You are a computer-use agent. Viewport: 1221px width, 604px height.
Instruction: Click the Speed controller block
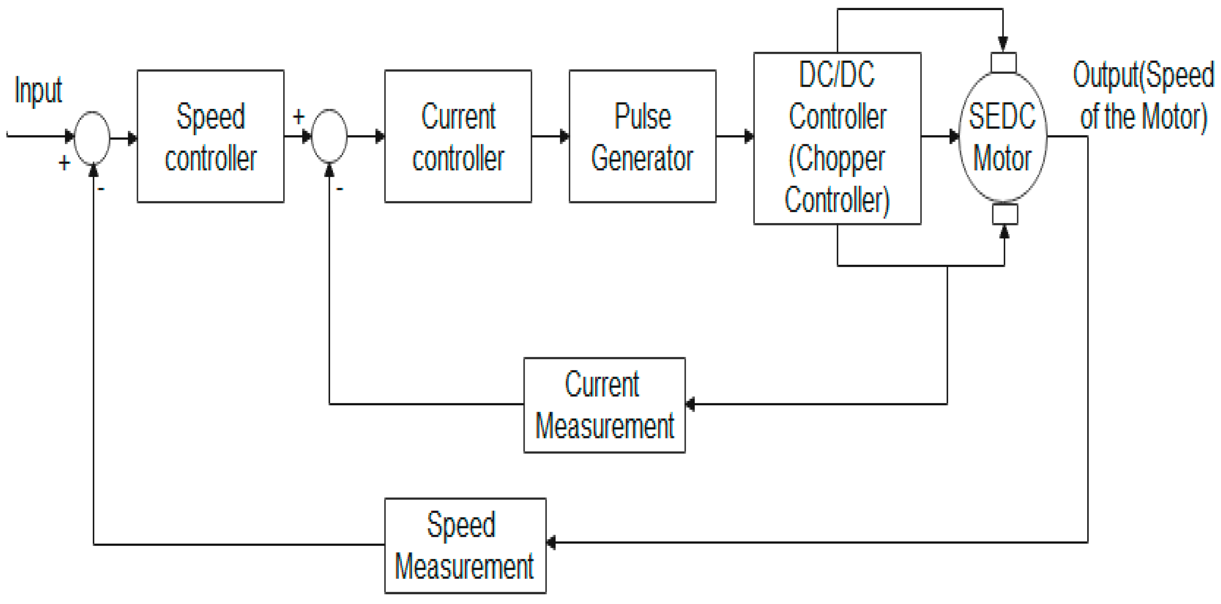point(210,136)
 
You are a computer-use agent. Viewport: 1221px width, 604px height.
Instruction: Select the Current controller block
point(458,136)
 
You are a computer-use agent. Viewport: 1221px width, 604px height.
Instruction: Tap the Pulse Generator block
point(642,136)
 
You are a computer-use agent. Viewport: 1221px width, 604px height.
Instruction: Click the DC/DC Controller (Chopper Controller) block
point(837,138)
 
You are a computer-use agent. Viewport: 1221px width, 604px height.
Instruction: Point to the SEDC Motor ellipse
point(1003,136)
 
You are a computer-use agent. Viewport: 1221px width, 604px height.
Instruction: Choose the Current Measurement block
point(604,405)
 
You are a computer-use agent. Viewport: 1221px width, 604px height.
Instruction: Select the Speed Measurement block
point(465,545)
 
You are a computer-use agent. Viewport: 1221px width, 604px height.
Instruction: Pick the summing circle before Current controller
point(329,136)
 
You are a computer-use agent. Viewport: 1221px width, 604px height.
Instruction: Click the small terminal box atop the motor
point(1003,62)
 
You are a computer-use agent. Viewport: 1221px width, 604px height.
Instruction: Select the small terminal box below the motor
point(1005,214)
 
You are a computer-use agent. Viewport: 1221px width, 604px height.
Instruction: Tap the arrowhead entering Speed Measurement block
point(551,542)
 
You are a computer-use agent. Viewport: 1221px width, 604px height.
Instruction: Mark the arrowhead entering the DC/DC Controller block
point(749,136)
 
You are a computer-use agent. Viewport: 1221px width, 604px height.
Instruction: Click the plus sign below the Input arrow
point(64,164)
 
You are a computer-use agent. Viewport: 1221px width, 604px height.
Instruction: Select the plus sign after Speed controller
point(298,117)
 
